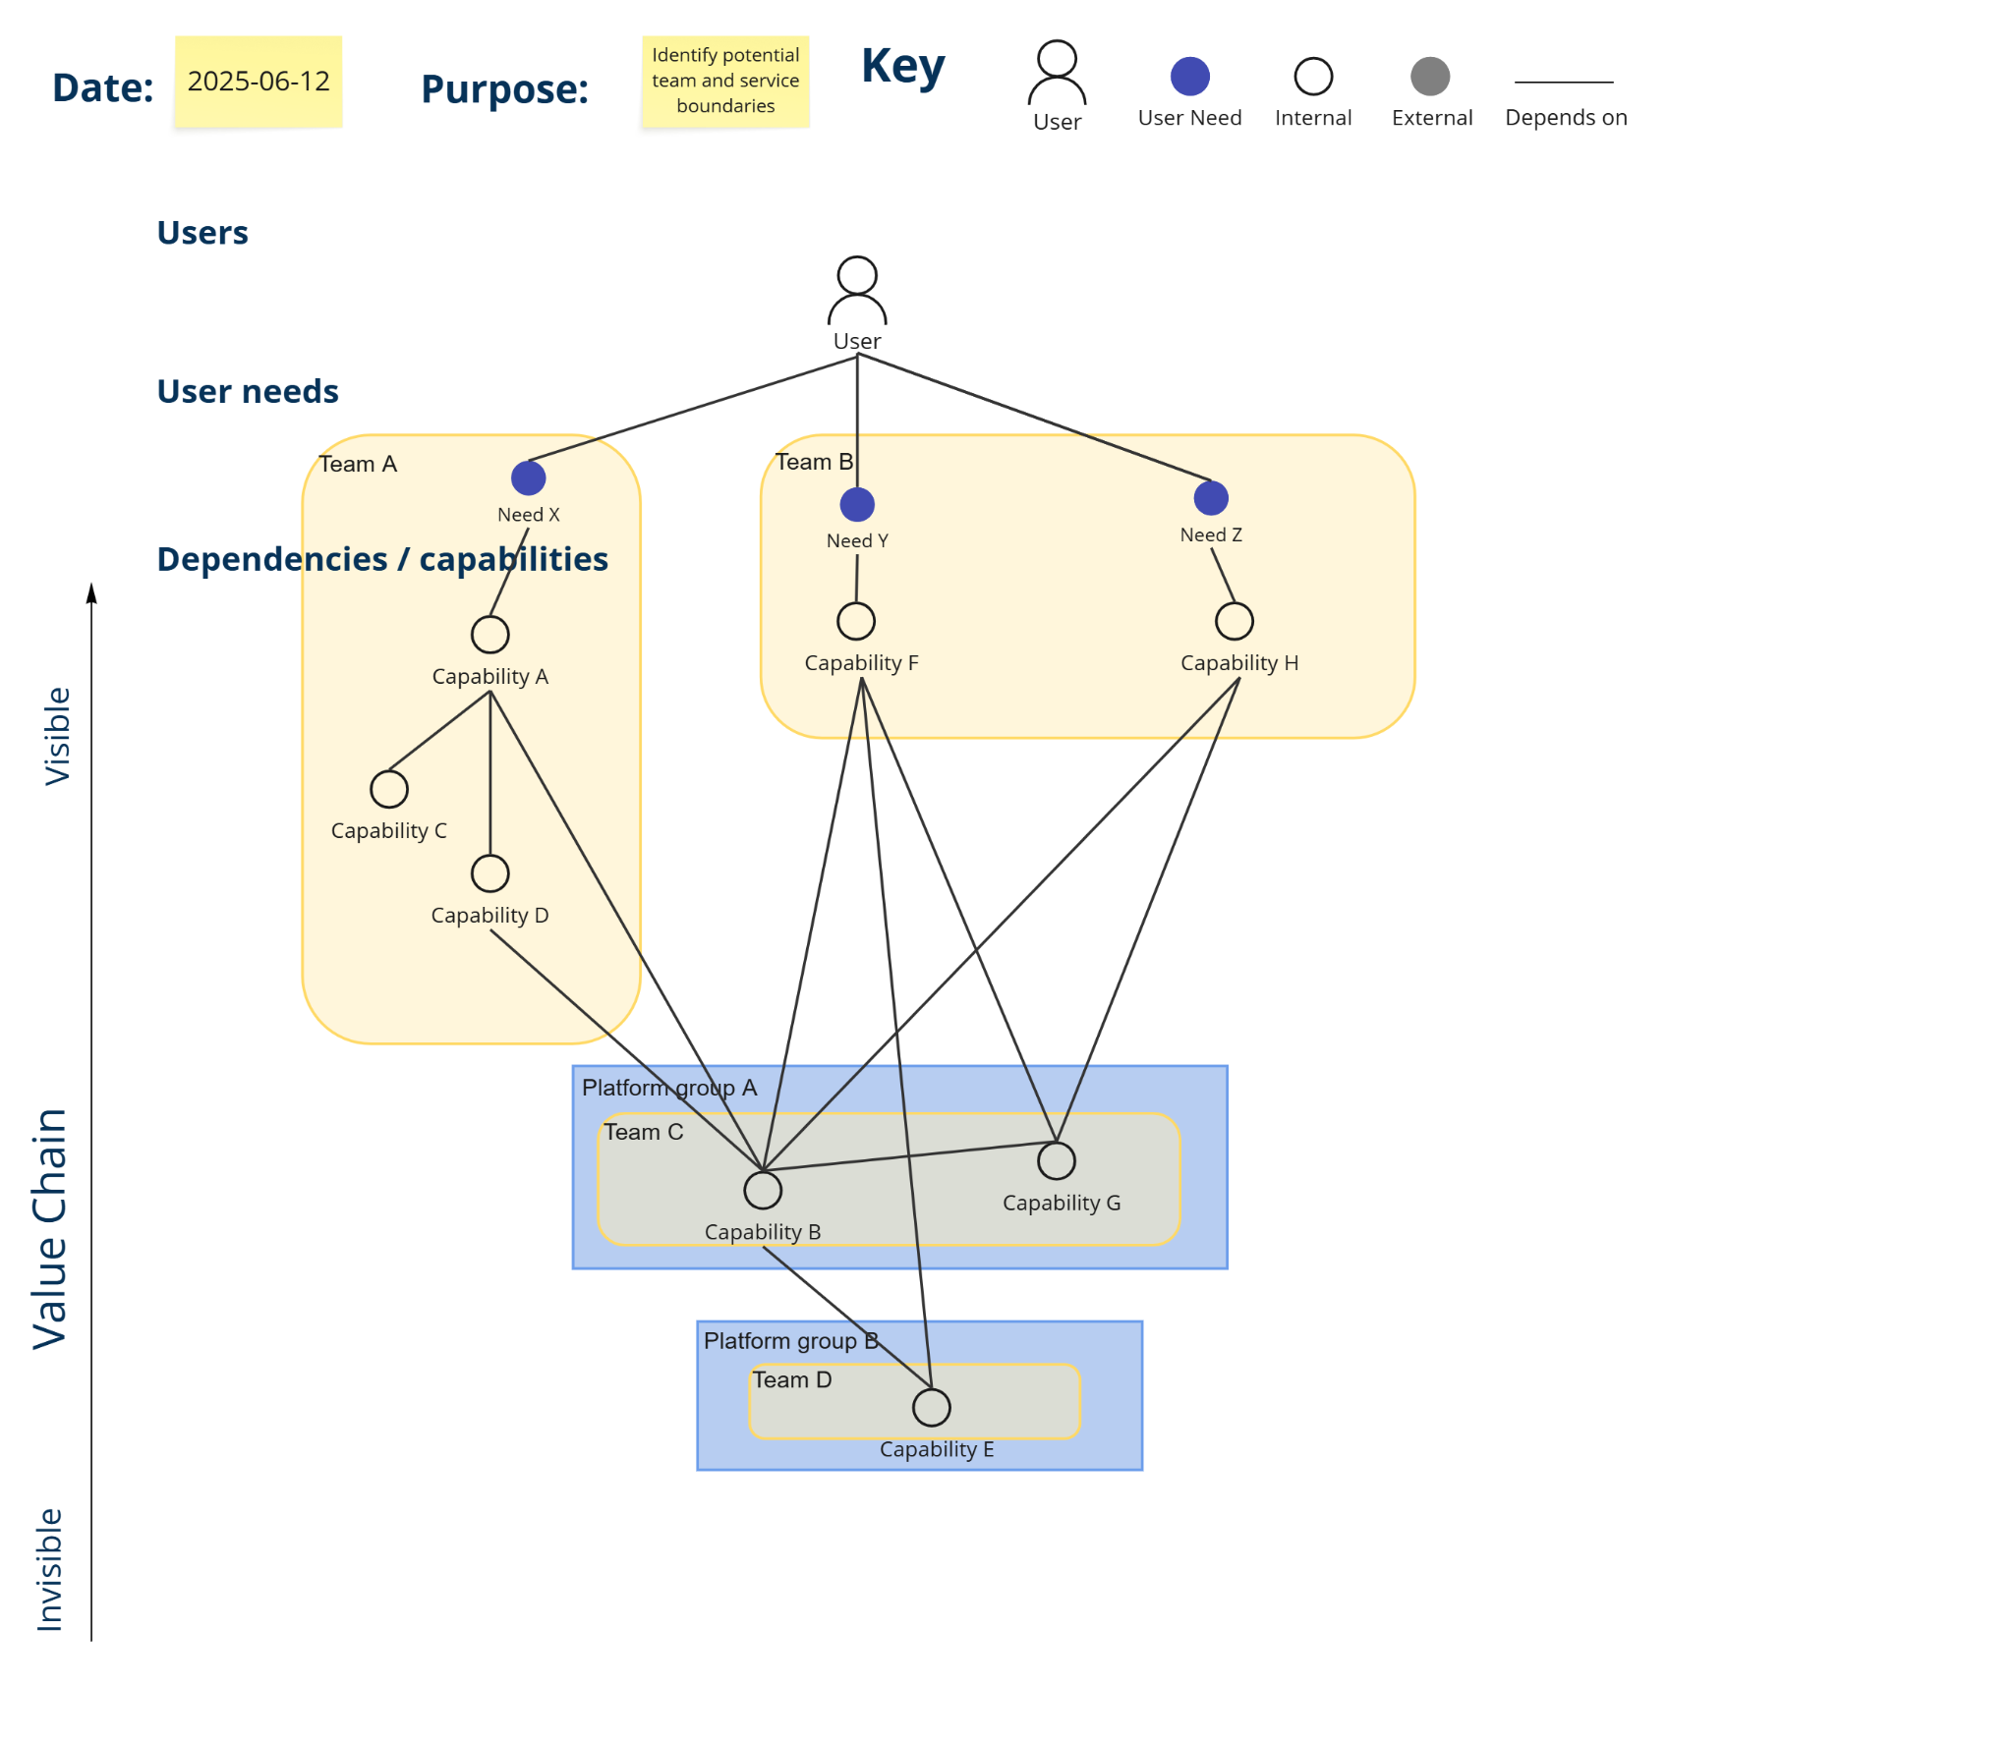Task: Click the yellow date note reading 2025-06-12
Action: click(258, 82)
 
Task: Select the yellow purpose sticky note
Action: click(724, 82)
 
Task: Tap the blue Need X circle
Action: click(528, 478)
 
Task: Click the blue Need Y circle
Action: click(856, 504)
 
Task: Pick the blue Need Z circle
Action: click(1210, 498)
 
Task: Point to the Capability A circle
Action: click(489, 635)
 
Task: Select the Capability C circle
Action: click(389, 789)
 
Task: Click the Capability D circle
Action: click(489, 873)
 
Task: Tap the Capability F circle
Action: click(855, 621)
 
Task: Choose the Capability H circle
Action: click(1234, 621)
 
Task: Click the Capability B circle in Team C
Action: click(762, 1190)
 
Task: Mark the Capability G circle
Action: click(1056, 1161)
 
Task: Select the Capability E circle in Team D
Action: click(931, 1407)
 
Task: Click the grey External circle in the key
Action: click(1429, 77)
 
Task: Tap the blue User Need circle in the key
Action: click(1189, 77)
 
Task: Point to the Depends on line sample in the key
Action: click(1563, 83)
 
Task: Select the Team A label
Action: click(358, 464)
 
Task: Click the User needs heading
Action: click(248, 391)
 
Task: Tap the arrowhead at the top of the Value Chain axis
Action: click(91, 592)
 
